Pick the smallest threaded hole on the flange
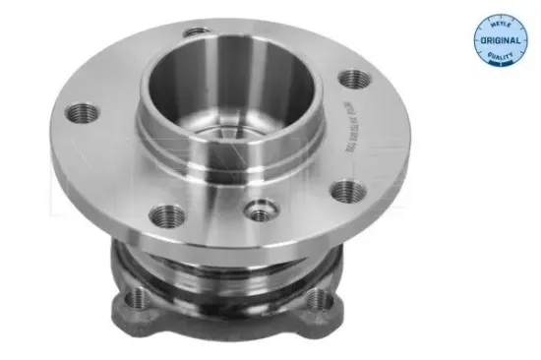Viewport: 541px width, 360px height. [x=260, y=209]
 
